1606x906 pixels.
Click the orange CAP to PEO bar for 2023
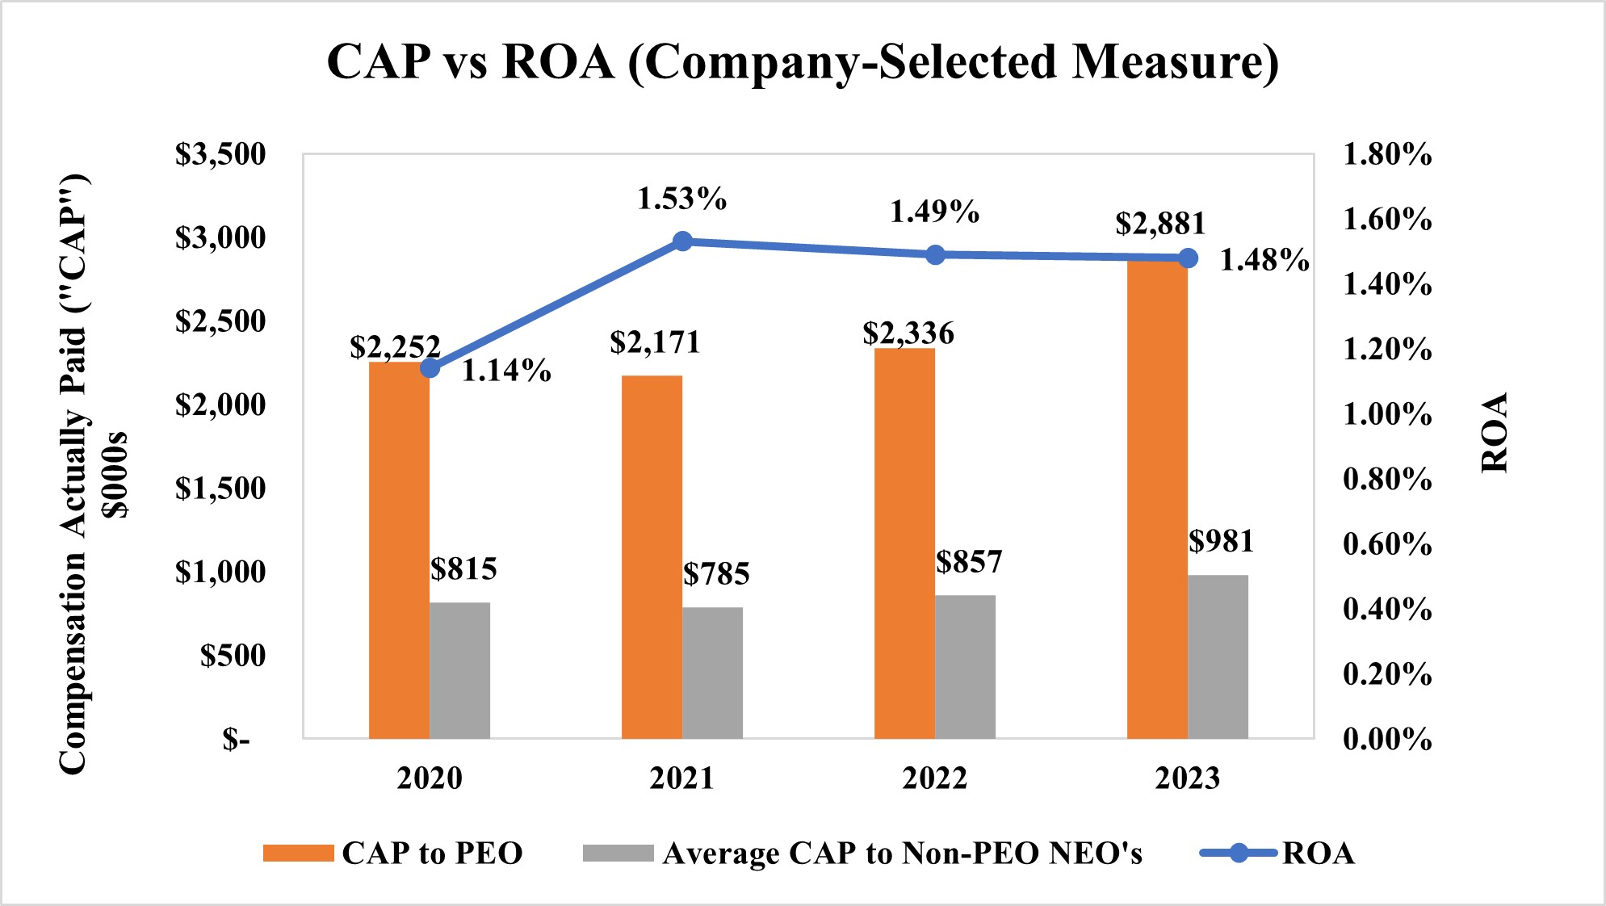[1156, 501]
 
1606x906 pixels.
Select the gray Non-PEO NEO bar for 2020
[459, 670]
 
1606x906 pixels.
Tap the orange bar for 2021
[652, 557]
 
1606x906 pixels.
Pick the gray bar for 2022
[965, 667]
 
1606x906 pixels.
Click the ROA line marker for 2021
[682, 241]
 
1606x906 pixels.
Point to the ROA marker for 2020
[430, 368]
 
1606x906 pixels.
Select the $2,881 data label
[1160, 224]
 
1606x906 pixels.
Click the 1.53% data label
[681, 199]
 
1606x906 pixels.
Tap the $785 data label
[716, 574]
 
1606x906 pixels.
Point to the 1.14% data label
[506, 371]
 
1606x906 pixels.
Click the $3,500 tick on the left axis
[220, 154]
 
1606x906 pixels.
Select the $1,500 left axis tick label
[220, 489]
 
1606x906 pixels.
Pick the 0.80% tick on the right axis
[1387, 480]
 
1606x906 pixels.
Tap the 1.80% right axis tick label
[1387, 154]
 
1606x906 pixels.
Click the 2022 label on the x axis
[934, 778]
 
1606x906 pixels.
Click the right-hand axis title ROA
[1495, 433]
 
